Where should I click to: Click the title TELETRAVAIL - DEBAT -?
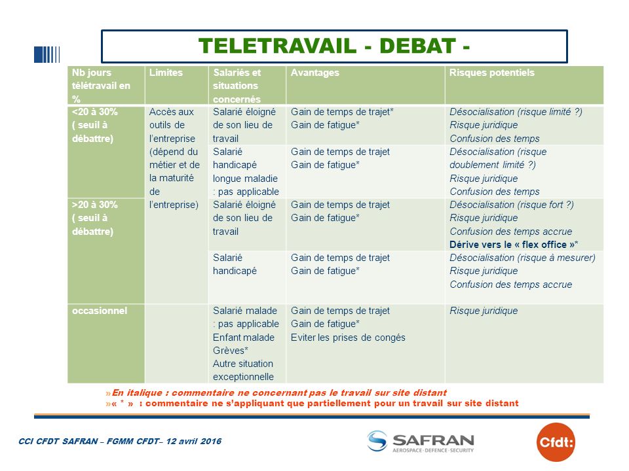coord(334,46)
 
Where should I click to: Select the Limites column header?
coord(166,73)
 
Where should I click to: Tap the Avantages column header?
coord(315,73)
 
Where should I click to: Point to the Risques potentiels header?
coord(492,73)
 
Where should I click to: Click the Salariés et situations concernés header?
coord(237,86)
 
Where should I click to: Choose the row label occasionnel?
coord(100,310)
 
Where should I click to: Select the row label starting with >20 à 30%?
coord(94,218)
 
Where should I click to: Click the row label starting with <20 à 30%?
coord(94,125)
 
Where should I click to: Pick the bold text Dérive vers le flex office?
coord(514,244)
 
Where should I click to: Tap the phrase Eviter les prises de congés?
coord(348,338)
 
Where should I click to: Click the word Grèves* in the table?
coord(230,351)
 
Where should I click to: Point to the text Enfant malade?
coord(244,338)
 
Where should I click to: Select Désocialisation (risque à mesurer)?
coord(522,258)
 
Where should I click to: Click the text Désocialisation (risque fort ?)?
coord(512,205)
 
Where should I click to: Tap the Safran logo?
coord(421,442)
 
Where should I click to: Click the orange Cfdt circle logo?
coord(556,442)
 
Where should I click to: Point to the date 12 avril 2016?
coord(194,441)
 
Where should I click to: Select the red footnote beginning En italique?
coord(276,392)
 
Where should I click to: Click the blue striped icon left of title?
coord(47,54)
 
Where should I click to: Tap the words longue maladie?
coord(245,178)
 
